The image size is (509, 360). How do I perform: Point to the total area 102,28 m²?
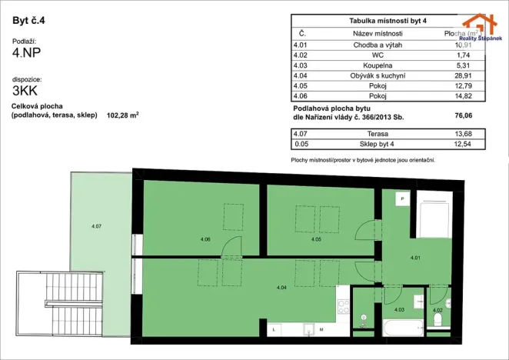[x=124, y=115]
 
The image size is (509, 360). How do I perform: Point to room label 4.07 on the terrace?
[x=97, y=225]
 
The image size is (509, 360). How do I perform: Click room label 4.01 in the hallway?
[x=415, y=257]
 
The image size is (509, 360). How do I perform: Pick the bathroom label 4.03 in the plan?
[x=399, y=309]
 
